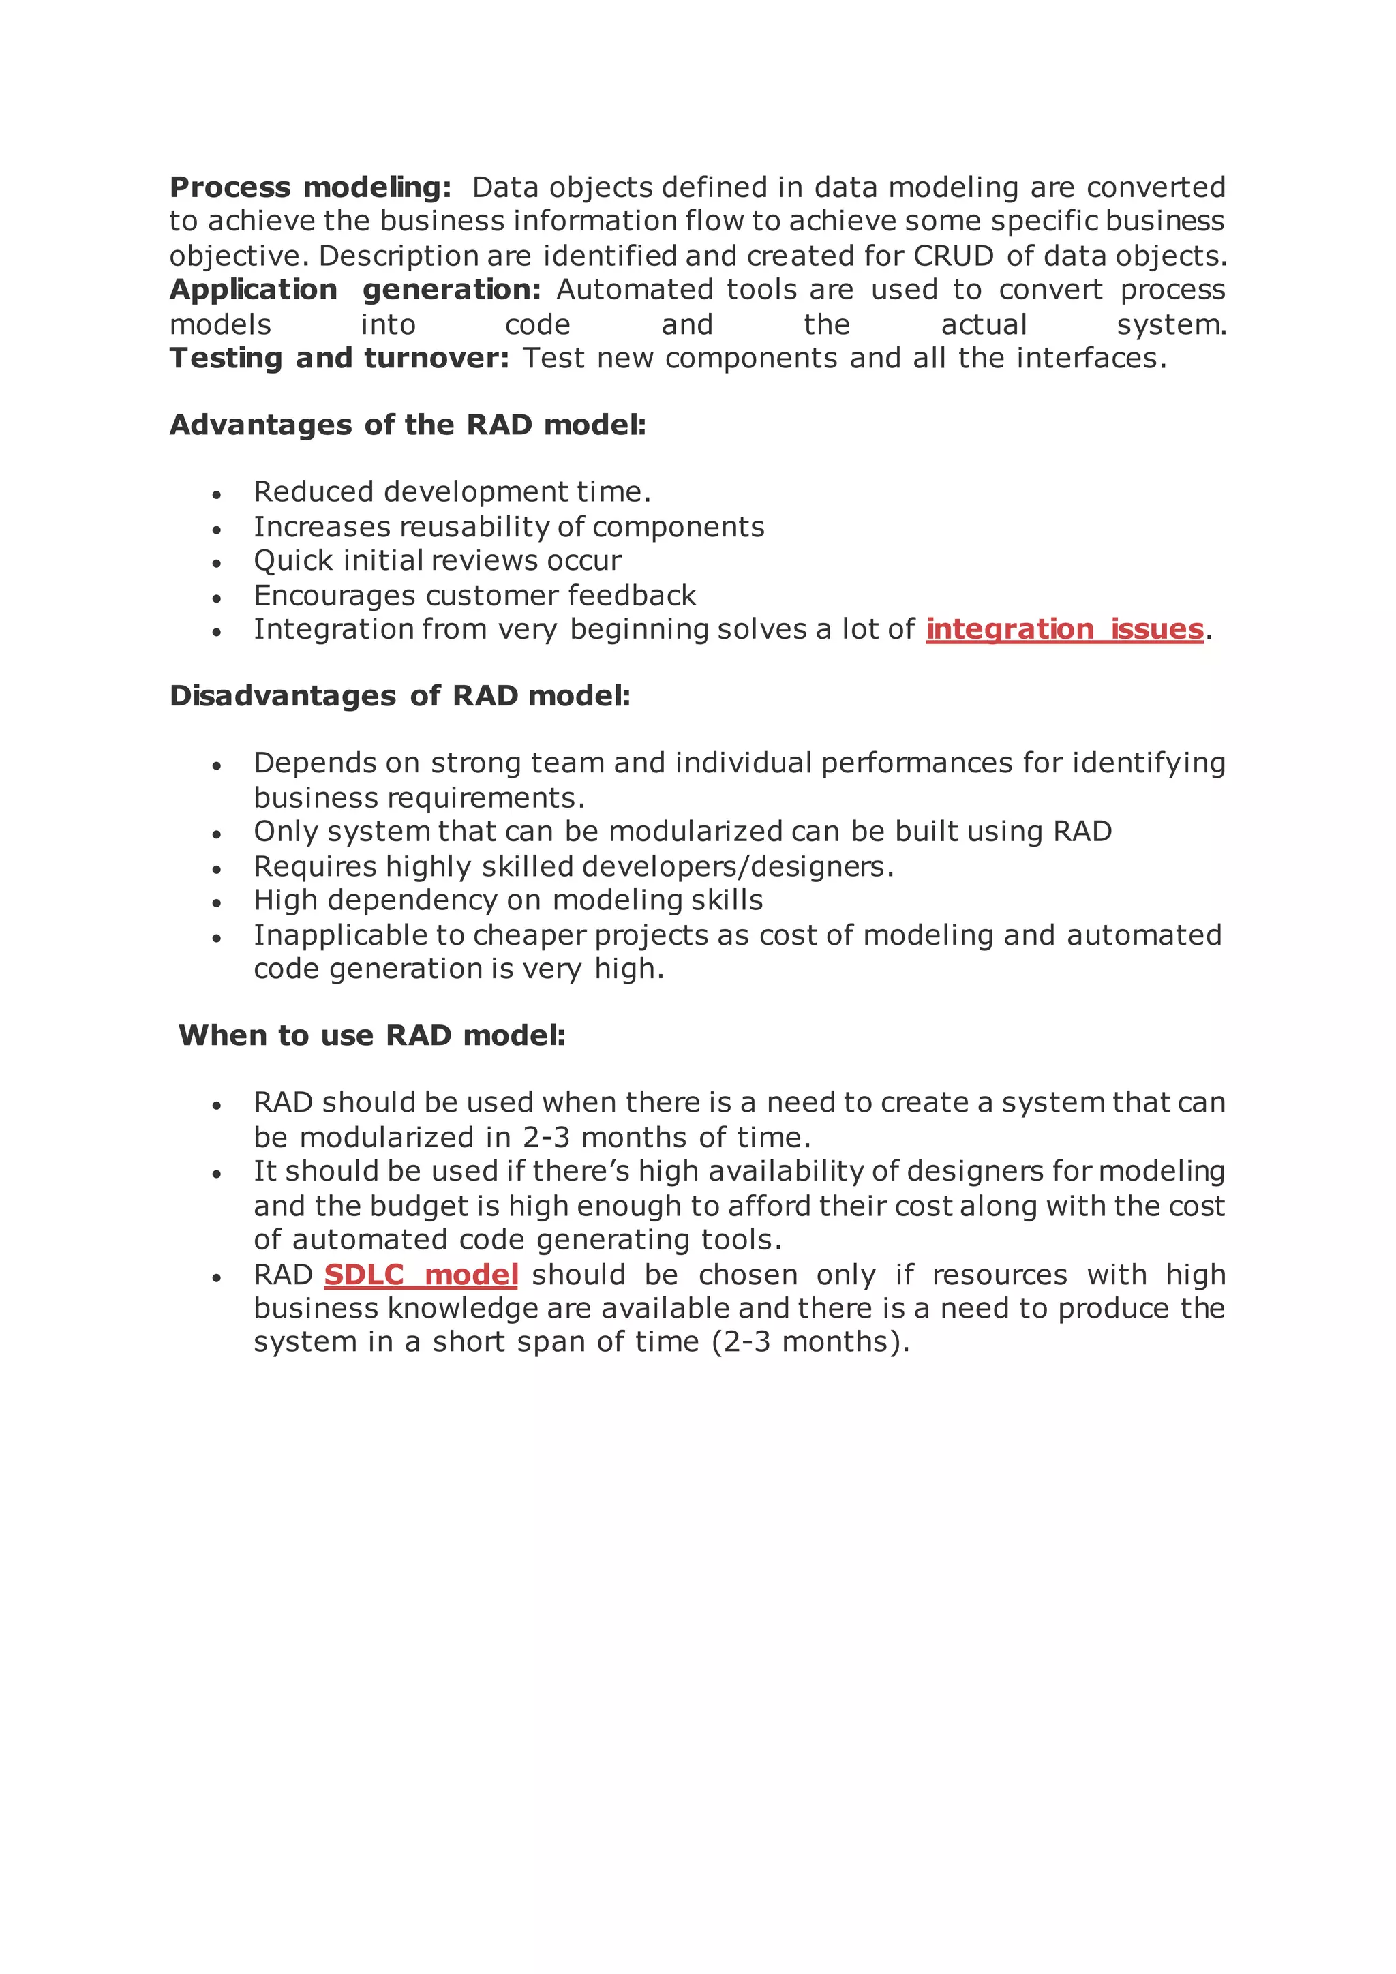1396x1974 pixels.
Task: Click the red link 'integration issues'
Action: [x=1064, y=629]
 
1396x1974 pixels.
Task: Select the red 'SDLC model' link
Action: [x=421, y=1274]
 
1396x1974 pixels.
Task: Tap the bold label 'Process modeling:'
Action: [x=310, y=187]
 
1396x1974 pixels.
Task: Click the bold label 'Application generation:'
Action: [x=355, y=290]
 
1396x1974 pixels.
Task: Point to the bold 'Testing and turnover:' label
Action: [x=339, y=358]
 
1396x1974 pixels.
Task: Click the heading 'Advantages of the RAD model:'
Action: [x=408, y=425]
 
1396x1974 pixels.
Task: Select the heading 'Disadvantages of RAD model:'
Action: [x=399, y=695]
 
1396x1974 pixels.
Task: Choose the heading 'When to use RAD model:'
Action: [x=371, y=1035]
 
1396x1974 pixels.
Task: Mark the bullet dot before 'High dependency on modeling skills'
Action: [x=217, y=902]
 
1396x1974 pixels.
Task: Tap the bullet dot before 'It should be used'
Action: [x=217, y=1174]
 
